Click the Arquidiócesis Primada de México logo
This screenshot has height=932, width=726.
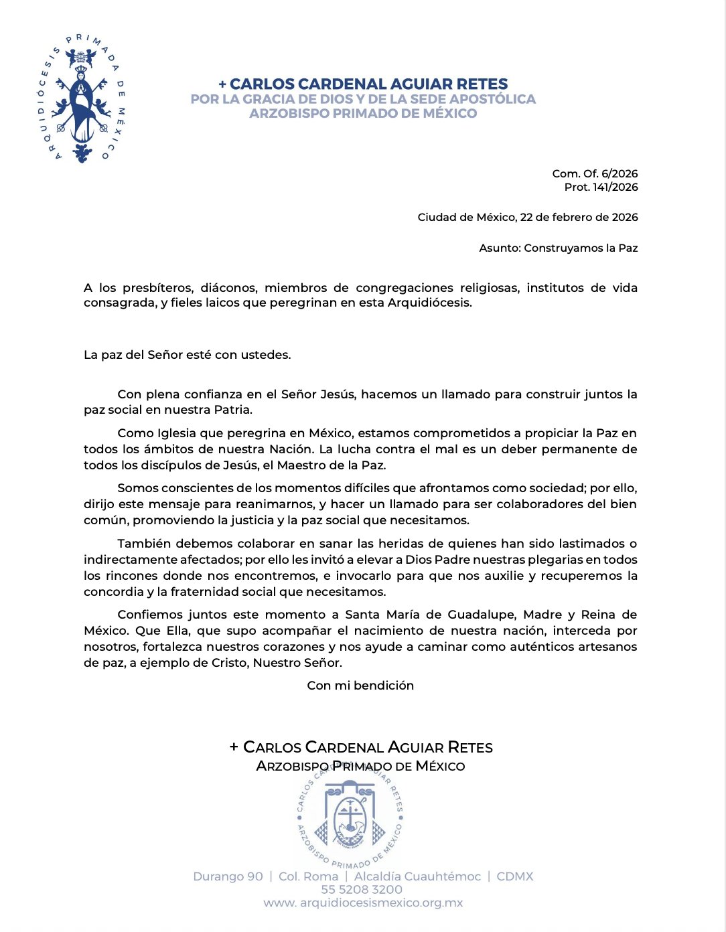click(x=82, y=99)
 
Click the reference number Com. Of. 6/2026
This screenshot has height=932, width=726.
click(x=595, y=173)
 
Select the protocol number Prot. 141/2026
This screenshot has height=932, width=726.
click(x=601, y=187)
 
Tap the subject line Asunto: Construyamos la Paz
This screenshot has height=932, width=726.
click(x=558, y=248)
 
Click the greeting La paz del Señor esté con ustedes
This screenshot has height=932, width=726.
click(x=187, y=355)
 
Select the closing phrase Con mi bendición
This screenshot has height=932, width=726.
click(x=360, y=686)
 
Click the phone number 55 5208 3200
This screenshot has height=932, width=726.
click(x=362, y=890)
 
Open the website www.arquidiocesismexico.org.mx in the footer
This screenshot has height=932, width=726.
click(x=363, y=903)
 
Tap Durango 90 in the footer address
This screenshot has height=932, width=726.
click(x=228, y=876)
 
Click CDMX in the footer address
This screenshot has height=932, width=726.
click(x=515, y=876)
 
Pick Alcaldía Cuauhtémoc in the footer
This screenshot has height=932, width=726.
click(x=417, y=876)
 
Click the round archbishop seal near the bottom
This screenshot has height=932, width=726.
click(x=350, y=813)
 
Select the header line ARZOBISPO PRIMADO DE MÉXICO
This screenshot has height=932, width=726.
click(x=363, y=114)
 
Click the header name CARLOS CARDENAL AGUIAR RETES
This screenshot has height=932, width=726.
click(x=368, y=84)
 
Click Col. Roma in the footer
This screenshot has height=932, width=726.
click(x=308, y=876)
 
